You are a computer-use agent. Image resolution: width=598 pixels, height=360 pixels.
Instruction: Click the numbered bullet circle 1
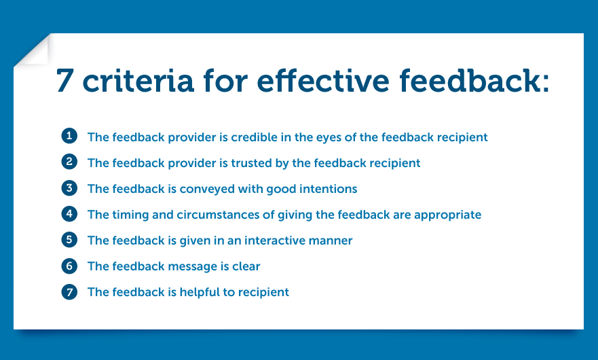69,137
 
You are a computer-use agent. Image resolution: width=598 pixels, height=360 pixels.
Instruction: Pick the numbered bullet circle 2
69,162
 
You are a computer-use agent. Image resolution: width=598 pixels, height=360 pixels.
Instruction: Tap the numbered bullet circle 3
69,188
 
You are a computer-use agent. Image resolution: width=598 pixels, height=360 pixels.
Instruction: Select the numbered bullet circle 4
69,214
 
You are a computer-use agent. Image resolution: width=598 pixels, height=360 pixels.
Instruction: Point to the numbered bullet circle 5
69,240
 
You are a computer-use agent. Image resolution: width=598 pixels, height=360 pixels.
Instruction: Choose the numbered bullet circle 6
69,266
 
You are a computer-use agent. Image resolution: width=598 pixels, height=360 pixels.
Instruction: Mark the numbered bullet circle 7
69,291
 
